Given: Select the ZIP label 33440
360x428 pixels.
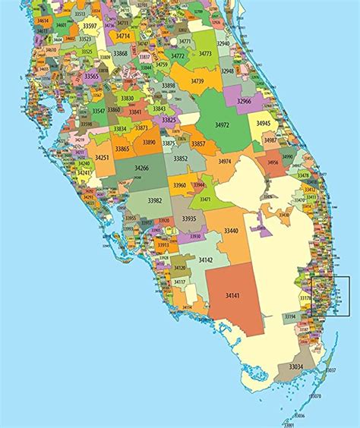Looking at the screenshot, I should click(x=231, y=231).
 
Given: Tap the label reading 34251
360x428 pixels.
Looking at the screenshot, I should click(x=103, y=157).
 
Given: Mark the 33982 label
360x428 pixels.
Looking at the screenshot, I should click(x=155, y=200).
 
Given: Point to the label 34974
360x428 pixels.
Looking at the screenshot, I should click(x=225, y=162).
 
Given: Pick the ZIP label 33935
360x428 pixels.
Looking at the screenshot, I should click(x=188, y=219).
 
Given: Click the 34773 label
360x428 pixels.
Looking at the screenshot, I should click(x=205, y=54).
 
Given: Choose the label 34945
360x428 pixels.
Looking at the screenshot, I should click(x=263, y=123).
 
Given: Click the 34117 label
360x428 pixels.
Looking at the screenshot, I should click(x=180, y=282).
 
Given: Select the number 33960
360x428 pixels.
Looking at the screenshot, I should click(x=179, y=185).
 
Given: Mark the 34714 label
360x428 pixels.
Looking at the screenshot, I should click(x=123, y=36).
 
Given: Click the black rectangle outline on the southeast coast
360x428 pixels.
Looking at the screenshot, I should click(x=330, y=296).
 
